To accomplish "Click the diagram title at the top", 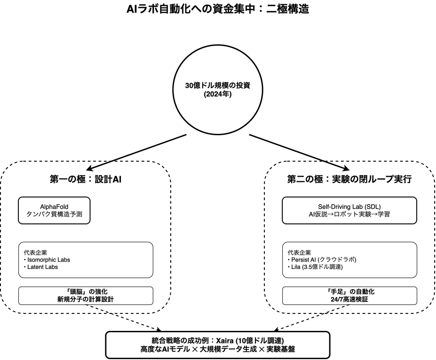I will pos(218,9).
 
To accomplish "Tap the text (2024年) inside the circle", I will pos(218,94).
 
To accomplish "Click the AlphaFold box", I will pos(54,210).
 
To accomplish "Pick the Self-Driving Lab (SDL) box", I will pos(349,210).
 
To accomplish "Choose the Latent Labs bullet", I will pos(41,267).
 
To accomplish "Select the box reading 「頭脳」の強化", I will pos(86,296).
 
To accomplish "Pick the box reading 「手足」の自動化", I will pos(349,296).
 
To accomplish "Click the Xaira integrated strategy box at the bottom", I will pos(218,345).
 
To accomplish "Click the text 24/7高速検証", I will pos(349,299).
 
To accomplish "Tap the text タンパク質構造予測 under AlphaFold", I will pos(54,214).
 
